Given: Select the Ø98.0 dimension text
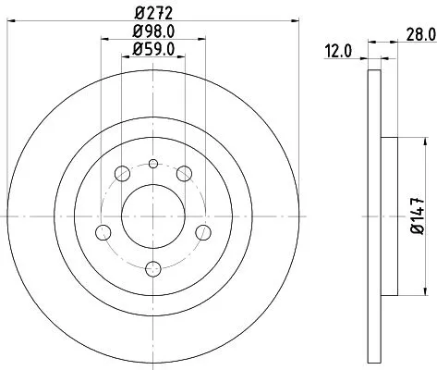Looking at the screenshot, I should [x=154, y=33].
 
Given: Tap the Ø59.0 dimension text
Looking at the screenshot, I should [x=154, y=52].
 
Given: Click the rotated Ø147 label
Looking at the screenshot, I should [x=417, y=218].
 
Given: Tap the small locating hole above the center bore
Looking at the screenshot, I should [x=154, y=164].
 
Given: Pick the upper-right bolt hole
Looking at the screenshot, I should [x=186, y=173].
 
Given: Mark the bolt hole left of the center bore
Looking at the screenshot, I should [x=103, y=231].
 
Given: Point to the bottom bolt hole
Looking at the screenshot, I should [x=154, y=269].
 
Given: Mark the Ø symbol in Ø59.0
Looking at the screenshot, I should [x=137, y=52].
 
